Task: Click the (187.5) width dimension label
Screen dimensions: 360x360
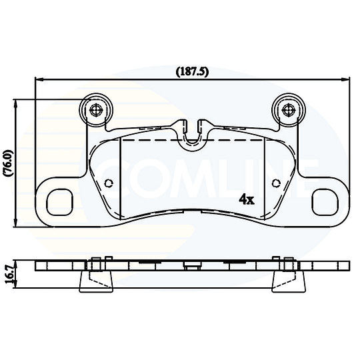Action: [192, 73]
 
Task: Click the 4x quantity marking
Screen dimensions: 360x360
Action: [247, 199]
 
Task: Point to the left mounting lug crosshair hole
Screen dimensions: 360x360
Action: [96, 110]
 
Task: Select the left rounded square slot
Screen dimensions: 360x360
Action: [60, 202]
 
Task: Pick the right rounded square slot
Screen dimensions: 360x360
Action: [325, 202]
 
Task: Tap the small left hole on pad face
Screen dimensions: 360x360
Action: [109, 183]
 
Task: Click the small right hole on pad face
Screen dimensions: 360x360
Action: [276, 183]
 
